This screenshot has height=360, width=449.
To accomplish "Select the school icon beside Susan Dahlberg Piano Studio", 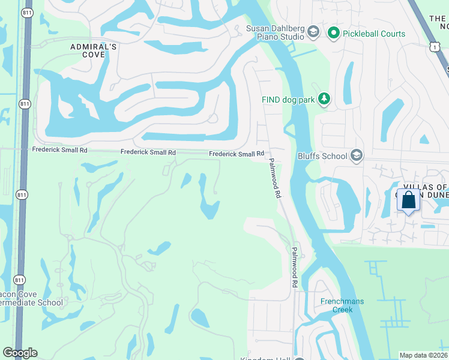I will click(313, 31).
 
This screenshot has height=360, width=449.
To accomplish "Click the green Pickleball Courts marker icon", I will click(334, 34).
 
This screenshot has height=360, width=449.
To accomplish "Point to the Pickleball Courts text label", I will click(374, 34).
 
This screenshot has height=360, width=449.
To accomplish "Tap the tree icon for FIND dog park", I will click(324, 98).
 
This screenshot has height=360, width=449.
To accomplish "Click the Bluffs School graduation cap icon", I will click(357, 156).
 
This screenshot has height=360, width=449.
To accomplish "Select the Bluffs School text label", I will click(322, 157).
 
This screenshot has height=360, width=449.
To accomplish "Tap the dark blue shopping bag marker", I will click(408, 201).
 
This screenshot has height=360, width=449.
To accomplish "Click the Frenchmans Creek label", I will click(342, 305).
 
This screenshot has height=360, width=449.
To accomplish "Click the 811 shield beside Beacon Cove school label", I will click(20, 279).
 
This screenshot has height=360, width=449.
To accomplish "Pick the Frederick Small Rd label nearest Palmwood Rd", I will click(237, 154).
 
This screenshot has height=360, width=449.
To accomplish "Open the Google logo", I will click(20, 353).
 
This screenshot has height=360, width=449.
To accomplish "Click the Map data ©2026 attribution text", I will click(424, 355).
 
